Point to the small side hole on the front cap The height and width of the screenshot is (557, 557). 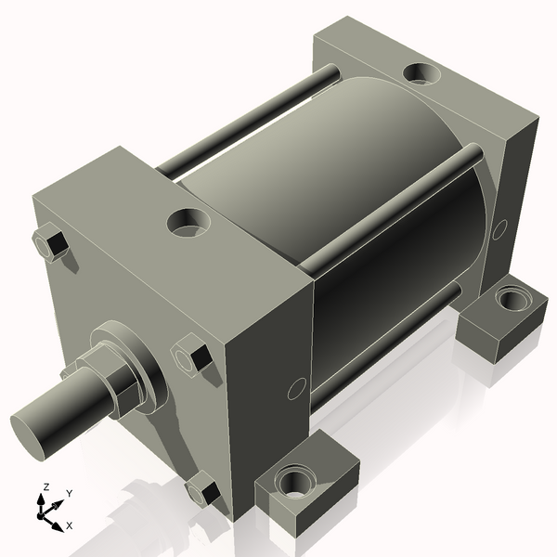[296, 388]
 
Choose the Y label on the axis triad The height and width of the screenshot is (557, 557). [69, 494]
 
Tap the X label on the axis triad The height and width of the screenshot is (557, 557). [69, 525]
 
